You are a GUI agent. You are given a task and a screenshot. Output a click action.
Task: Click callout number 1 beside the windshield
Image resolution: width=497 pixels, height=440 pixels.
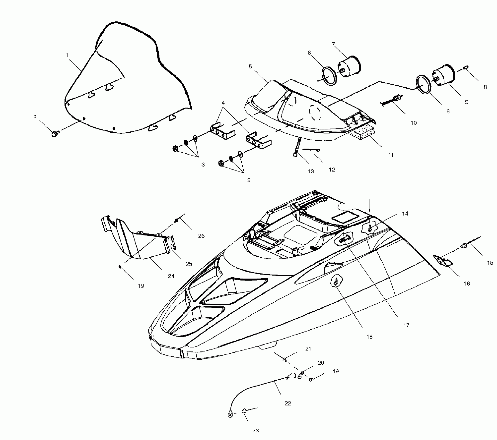pos(67,55)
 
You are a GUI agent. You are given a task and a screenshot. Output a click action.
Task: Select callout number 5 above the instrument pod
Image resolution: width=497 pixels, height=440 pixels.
pos(250,67)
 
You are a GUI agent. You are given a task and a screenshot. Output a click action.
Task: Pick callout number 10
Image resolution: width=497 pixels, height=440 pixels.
pos(414,123)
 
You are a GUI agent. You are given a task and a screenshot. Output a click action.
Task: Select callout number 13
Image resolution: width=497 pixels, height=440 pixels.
pos(310,171)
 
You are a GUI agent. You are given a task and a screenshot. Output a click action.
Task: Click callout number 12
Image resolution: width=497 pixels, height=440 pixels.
pos(332,170)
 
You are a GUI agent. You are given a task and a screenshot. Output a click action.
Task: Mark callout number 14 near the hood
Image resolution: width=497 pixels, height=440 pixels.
pos(405,214)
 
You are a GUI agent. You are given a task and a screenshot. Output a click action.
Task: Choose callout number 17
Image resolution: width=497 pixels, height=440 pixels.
pos(406,325)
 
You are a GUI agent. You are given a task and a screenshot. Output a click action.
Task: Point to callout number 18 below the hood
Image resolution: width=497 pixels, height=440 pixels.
pos(369,337)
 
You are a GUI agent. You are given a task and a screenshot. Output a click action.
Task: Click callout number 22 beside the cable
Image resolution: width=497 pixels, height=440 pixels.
pos(288,403)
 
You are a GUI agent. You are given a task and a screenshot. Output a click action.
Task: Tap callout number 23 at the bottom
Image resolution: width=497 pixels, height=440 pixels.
pos(255,431)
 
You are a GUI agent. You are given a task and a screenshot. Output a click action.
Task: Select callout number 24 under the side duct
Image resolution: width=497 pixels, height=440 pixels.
pos(171,276)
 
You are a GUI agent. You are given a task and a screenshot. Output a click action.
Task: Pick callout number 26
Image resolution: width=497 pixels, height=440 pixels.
pos(201,236)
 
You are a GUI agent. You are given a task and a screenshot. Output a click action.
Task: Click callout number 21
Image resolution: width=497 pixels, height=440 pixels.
pos(308,349)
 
